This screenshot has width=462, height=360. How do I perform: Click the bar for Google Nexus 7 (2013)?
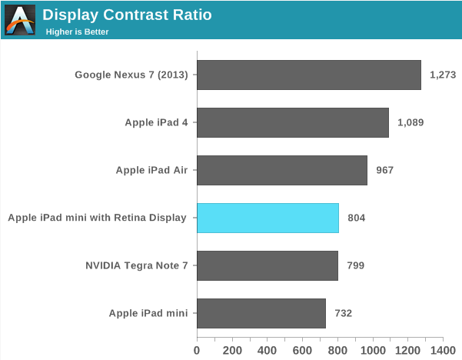[x=308, y=75]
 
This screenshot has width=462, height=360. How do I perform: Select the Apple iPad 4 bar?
[x=292, y=122]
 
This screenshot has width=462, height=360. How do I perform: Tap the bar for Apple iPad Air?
[x=281, y=170]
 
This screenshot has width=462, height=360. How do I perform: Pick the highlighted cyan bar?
[x=268, y=218]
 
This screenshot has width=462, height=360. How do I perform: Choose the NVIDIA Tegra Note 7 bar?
[x=267, y=265]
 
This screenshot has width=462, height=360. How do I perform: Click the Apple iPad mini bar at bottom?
[x=261, y=313]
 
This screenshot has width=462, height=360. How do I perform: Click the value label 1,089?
[x=410, y=122]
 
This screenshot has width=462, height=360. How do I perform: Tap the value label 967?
[x=385, y=170]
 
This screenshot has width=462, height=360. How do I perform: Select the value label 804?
[x=356, y=218]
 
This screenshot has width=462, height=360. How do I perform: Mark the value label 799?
[x=355, y=265]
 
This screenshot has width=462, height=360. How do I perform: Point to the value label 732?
[x=343, y=313]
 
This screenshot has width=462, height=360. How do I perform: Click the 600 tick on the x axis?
[x=302, y=350]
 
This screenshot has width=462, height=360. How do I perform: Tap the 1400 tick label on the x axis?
[x=443, y=350]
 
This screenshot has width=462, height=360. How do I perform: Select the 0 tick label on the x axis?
[x=197, y=350]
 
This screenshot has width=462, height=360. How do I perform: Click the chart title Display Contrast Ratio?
[x=127, y=15]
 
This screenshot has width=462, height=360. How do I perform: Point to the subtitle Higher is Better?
[x=77, y=32]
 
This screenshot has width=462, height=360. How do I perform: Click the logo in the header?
[x=20, y=20]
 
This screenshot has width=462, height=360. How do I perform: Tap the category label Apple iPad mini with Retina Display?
[x=97, y=218]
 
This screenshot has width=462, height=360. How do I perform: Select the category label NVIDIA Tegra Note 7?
[x=137, y=265]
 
